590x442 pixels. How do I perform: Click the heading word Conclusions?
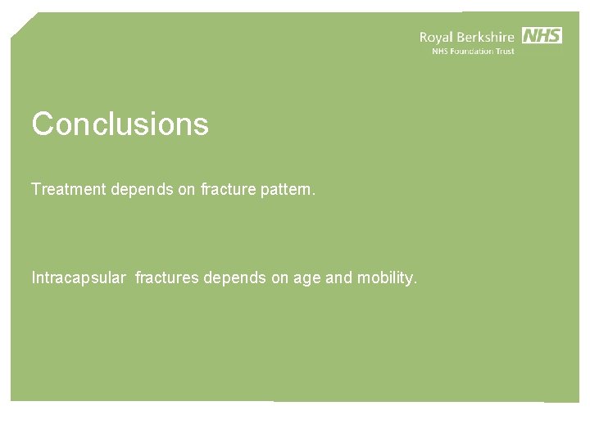pyautogui.click(x=120, y=124)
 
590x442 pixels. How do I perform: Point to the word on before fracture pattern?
pyautogui.click(x=187, y=189)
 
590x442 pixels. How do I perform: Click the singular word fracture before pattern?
pyautogui.click(x=228, y=189)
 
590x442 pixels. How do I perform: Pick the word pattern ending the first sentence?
pyautogui.click(x=287, y=189)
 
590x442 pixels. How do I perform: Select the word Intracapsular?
pyautogui.click(x=78, y=278)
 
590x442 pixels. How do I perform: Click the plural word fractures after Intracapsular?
pyautogui.click(x=167, y=278)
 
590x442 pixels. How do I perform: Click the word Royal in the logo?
pyautogui.click(x=438, y=37)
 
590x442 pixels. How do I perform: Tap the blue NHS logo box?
pyautogui.click(x=542, y=35)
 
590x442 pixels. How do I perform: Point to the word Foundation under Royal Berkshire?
pyautogui.click(x=475, y=51)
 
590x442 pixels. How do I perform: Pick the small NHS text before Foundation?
pyautogui.click(x=441, y=51)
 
